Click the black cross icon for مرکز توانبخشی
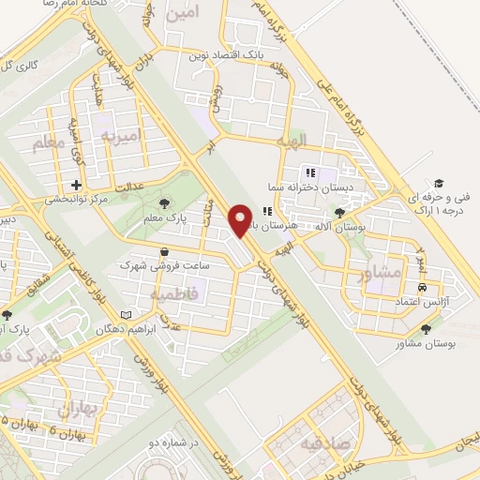click(75, 186)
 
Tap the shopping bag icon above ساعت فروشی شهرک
click(165, 251)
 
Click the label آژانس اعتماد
click(421, 300)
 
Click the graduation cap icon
click(438, 182)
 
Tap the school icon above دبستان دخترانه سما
click(309, 172)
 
